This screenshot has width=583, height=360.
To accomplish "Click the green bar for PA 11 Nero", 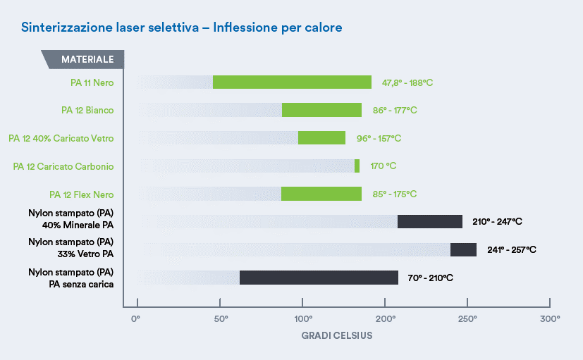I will pyautogui.click(x=292, y=82).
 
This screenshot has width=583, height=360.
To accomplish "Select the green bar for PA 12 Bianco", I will pyautogui.click(x=321, y=110).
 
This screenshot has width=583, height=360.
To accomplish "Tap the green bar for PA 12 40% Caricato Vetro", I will pyautogui.click(x=321, y=138).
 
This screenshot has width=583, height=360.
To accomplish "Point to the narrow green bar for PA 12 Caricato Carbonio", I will pyautogui.click(x=357, y=166).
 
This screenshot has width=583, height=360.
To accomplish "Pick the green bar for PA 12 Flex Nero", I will pyautogui.click(x=321, y=194).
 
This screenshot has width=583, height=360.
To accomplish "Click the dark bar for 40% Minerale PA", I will pyautogui.click(x=429, y=222).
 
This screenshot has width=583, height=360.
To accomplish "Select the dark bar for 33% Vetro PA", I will pyautogui.click(x=463, y=249).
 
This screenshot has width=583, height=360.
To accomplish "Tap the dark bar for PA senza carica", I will pyautogui.click(x=319, y=278).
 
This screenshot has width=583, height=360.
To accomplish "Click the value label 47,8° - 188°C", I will pyautogui.click(x=407, y=83).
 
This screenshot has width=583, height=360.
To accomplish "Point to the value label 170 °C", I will pyautogui.click(x=383, y=166).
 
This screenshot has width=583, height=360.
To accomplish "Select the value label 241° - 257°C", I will pyautogui.click(x=511, y=250).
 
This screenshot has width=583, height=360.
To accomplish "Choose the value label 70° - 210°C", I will pyautogui.click(x=430, y=278).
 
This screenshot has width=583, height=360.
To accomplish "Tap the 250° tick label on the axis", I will pyautogui.click(x=467, y=319).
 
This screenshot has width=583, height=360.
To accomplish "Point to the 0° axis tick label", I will pyautogui.click(x=137, y=319).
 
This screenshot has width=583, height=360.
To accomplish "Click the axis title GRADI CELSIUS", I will pyautogui.click(x=336, y=335).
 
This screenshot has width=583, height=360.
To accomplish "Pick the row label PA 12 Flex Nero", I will pyautogui.click(x=81, y=194).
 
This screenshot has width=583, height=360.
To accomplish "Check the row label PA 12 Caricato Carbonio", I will pyautogui.click(x=63, y=166).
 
